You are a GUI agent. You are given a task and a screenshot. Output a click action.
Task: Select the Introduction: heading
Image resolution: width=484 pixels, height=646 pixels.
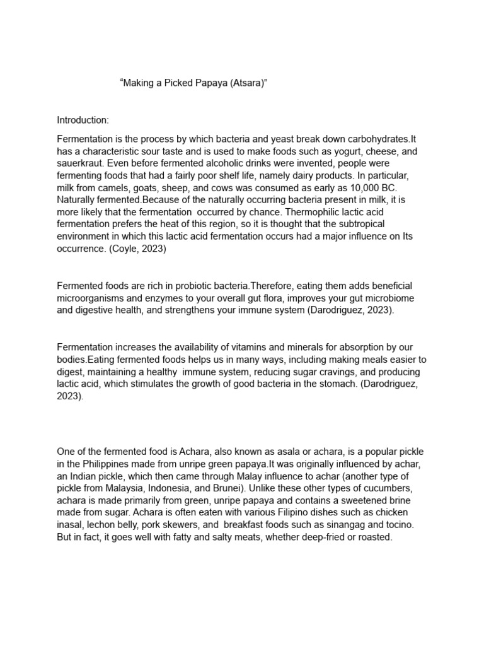click(x=83, y=120)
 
